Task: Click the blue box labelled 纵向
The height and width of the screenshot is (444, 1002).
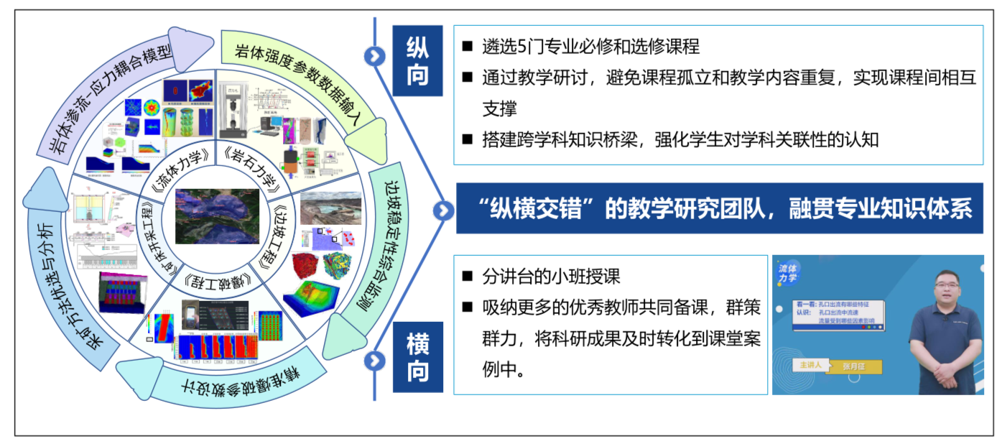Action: tap(417, 61)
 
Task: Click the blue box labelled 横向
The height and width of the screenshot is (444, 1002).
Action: tap(417, 358)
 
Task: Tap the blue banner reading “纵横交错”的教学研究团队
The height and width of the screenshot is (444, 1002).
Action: tap(719, 208)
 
